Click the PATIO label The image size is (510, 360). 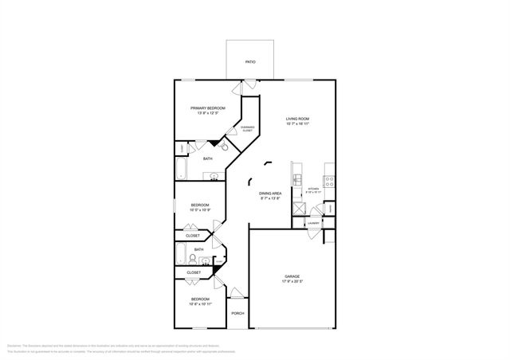coord(249,61)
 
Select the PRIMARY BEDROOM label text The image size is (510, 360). coord(207,108)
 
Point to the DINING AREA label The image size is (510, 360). coord(271,194)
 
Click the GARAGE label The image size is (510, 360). coord(292,276)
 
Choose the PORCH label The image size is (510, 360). coord(237,313)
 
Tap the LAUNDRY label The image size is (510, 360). coord(313,223)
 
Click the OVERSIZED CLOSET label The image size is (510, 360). coord(248,128)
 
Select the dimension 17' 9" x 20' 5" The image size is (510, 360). coord(292,282)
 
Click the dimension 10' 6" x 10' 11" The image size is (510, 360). coord(200,303)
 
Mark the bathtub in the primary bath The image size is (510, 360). coord(182,169)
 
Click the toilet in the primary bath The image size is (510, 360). coord(226,147)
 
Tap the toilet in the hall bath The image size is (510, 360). coord(194,259)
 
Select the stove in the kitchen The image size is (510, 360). coord(328,181)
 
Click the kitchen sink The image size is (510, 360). coord(296,181)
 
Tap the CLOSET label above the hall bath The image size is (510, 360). coord(193,236)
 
